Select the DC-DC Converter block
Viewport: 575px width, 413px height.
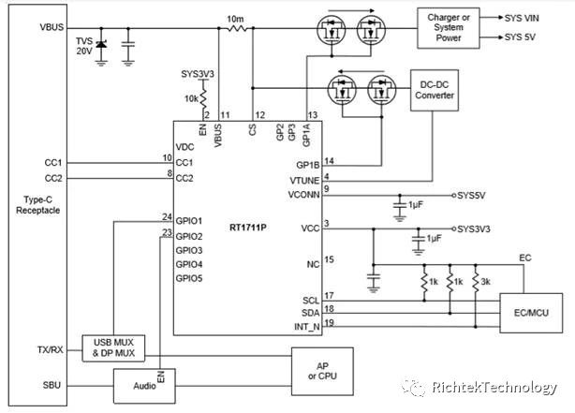point(437,89)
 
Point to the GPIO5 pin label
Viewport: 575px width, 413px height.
point(189,279)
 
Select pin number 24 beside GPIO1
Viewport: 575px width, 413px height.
point(166,218)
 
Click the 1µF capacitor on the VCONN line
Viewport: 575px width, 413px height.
point(402,203)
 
